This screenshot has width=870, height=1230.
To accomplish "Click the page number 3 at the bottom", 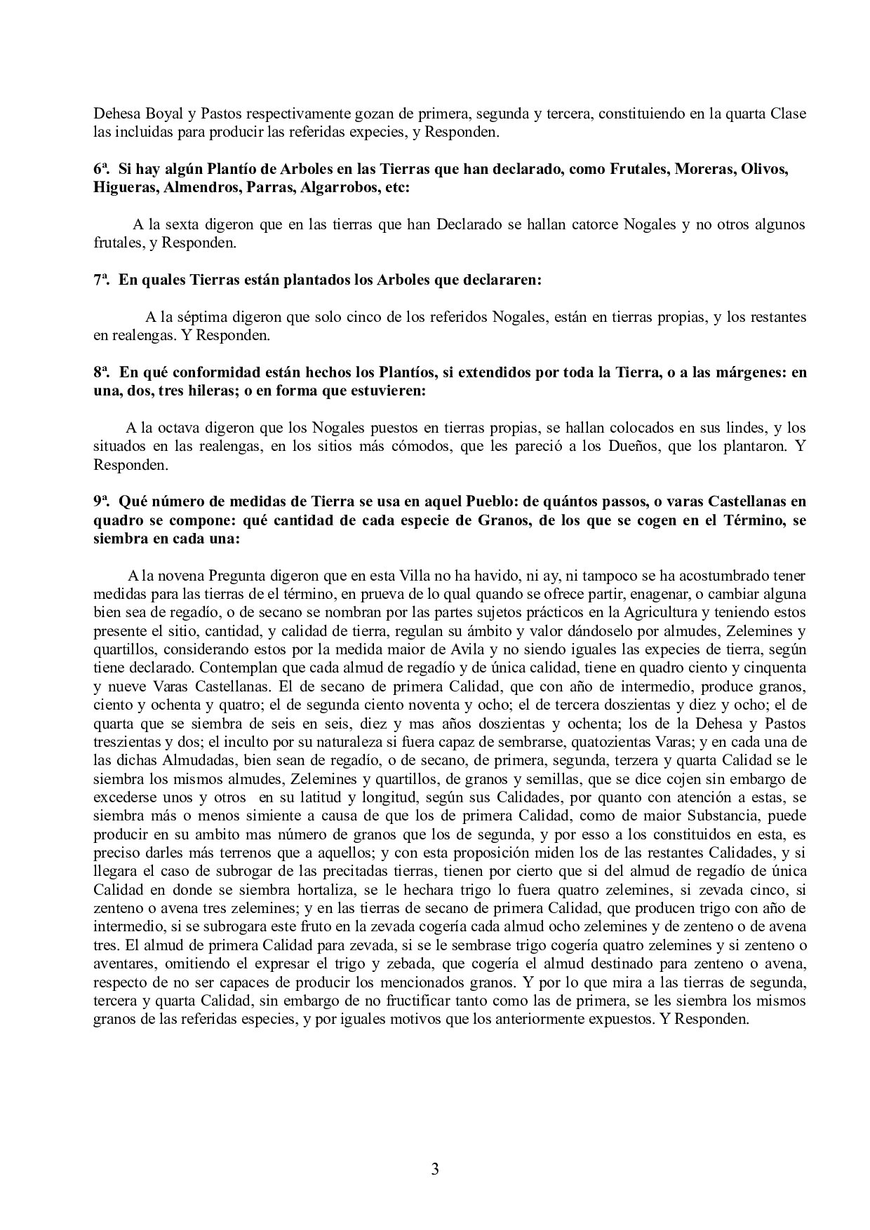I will click(435, 1169).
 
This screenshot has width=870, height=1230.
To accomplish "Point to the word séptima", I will click(202, 317).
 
